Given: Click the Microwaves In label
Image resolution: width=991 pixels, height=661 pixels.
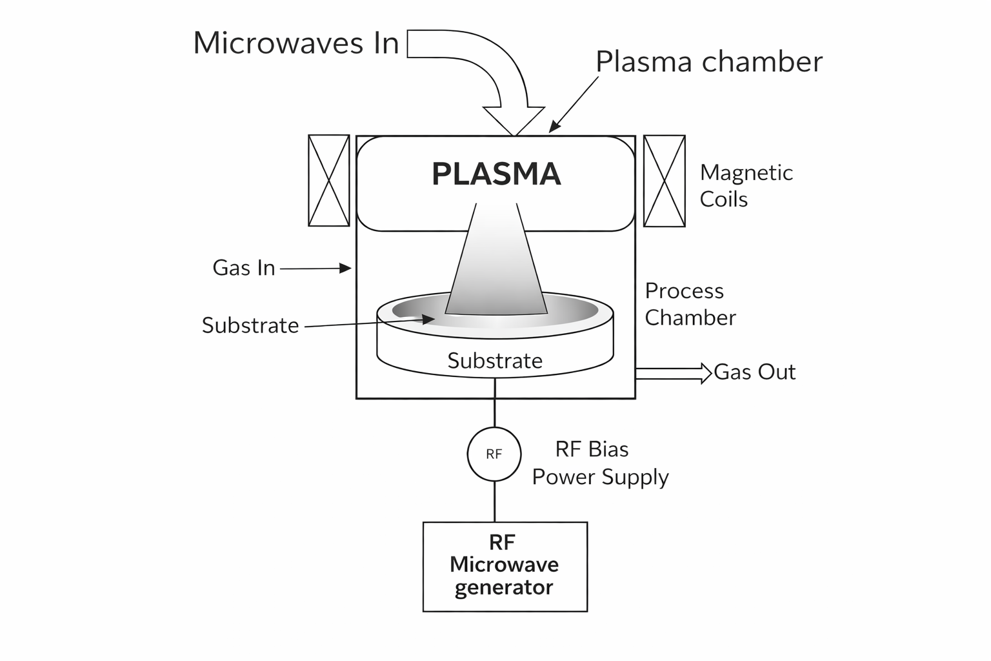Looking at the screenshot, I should click(x=295, y=43).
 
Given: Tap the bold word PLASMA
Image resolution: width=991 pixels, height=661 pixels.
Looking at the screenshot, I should click(x=496, y=174).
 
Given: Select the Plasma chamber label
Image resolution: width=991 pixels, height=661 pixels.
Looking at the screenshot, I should click(x=708, y=62).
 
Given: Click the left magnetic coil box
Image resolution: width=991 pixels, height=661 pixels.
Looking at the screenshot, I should click(x=329, y=181).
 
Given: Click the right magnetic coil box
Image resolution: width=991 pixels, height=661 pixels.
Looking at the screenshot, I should click(x=665, y=181).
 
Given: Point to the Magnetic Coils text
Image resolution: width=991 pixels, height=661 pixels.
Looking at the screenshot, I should click(x=746, y=186).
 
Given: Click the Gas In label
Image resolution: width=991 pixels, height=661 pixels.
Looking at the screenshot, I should click(x=244, y=268).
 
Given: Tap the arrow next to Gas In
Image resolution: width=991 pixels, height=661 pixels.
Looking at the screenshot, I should click(x=316, y=268).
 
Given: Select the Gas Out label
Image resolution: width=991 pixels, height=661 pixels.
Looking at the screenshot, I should click(x=755, y=372).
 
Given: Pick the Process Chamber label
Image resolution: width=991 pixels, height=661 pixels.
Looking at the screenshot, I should click(x=690, y=304).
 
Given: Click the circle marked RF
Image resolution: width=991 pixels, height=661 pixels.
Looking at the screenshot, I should click(x=494, y=454).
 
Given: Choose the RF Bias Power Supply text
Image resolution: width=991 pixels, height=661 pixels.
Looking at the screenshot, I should click(x=599, y=463).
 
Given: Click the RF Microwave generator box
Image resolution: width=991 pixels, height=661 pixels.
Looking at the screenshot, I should click(x=505, y=566).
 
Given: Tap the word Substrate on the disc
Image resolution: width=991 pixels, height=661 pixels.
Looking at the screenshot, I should click(x=495, y=361).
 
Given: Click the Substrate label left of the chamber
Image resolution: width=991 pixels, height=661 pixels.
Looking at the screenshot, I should click(x=250, y=325).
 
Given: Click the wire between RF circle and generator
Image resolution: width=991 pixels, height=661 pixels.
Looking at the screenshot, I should click(x=495, y=502).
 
